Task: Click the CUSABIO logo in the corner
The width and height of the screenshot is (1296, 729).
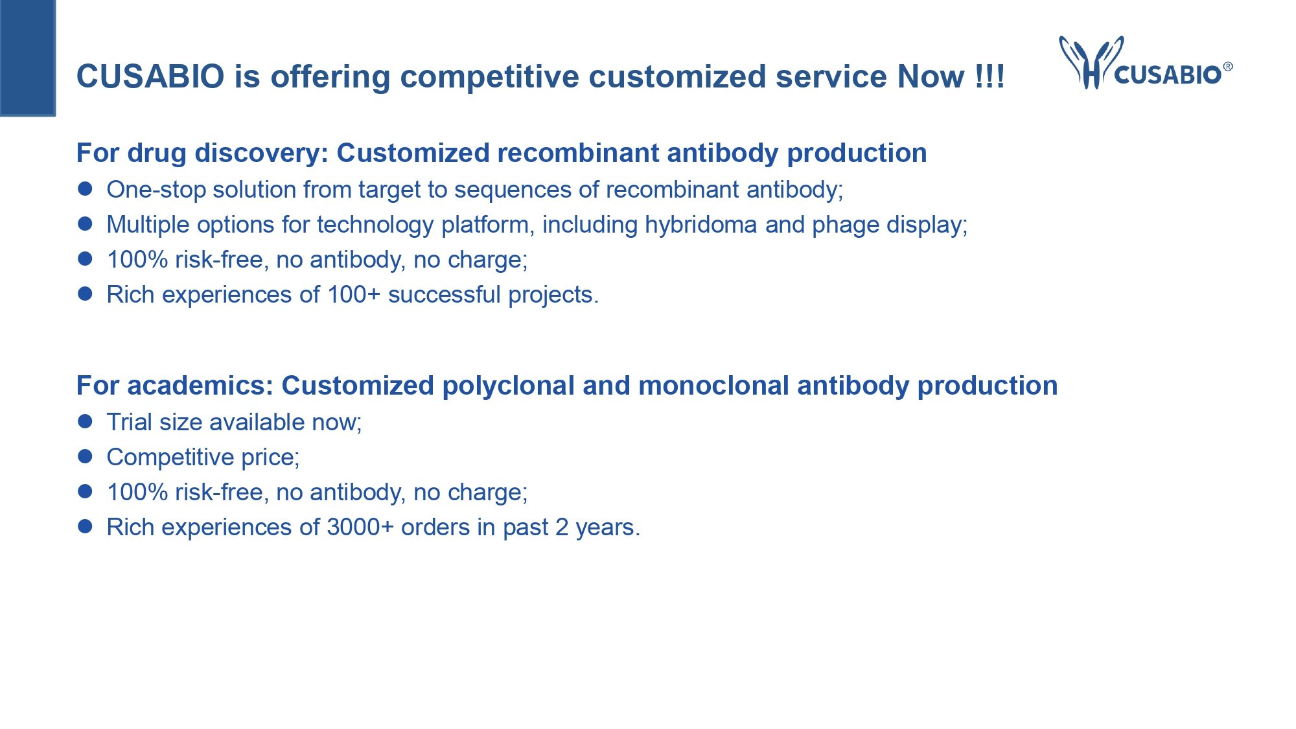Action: click(1146, 63)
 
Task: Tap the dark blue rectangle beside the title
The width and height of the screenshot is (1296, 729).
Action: click(28, 58)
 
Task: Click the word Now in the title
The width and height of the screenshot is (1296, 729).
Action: click(931, 76)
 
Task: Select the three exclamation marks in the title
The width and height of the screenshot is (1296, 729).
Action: click(989, 76)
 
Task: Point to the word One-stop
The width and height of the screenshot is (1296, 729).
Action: click(156, 190)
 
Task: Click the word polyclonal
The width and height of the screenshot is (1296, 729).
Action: click(509, 386)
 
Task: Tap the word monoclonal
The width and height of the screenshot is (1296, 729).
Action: click(714, 386)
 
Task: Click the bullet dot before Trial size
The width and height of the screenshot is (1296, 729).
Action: click(85, 422)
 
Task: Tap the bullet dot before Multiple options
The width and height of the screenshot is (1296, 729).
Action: click(85, 224)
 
